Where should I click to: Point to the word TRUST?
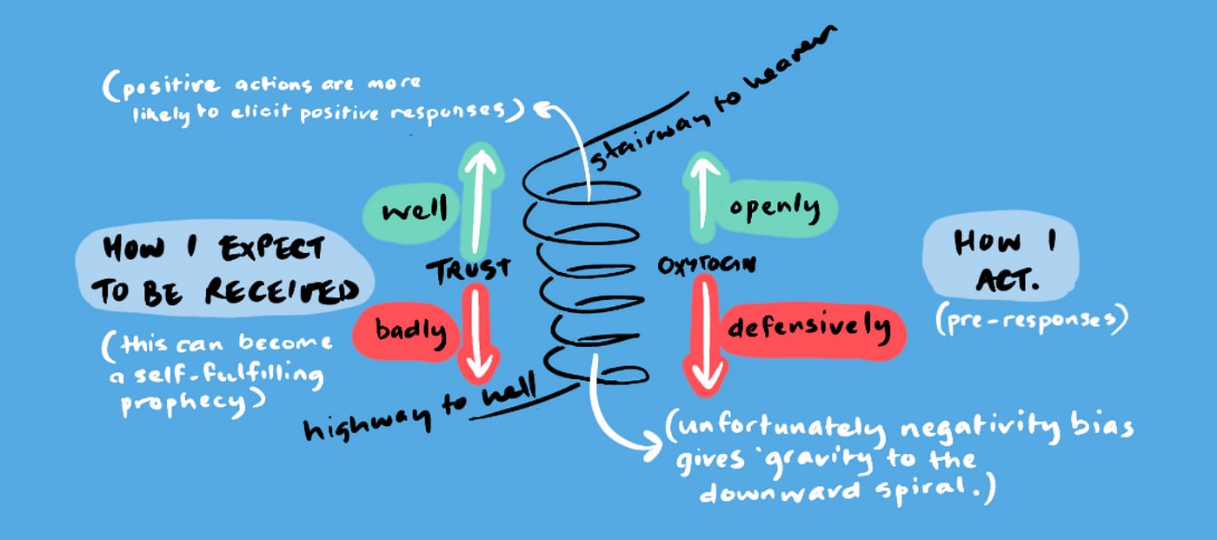click(x=467, y=270)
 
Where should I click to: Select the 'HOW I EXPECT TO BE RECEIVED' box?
click(x=223, y=270)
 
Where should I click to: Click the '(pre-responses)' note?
click(x=1030, y=320)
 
